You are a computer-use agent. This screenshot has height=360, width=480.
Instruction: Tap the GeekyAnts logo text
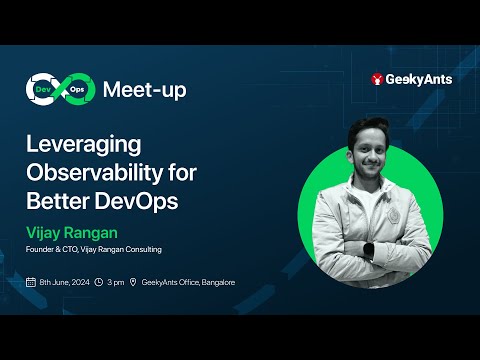418,79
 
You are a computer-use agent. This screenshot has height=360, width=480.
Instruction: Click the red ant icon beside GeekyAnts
377,79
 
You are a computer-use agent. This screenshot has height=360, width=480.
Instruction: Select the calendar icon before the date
31,283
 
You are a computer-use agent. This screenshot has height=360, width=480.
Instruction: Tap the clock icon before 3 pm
100,283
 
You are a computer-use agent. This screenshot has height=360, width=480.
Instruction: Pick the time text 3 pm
117,283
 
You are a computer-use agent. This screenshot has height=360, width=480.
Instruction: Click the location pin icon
134,283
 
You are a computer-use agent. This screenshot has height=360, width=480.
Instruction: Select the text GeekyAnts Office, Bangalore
188,283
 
